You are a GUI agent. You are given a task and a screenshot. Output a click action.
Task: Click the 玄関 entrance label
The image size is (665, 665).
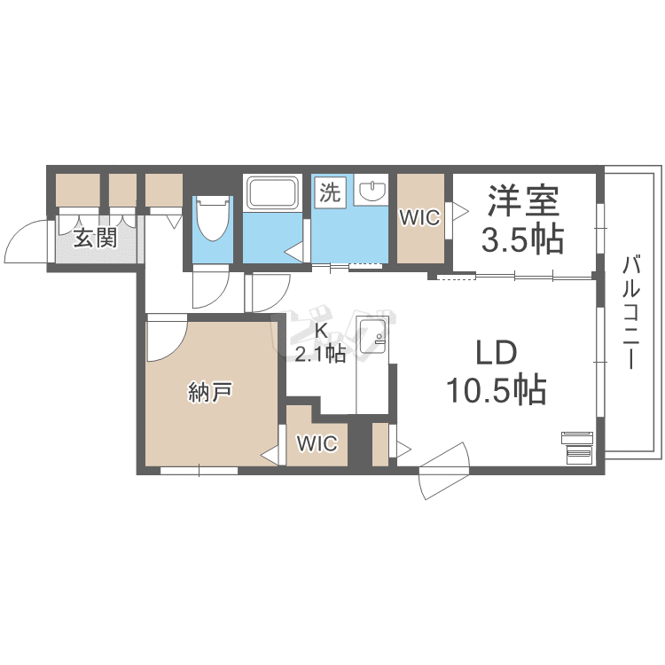point(95,238)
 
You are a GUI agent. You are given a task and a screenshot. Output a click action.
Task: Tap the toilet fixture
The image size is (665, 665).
point(213,217)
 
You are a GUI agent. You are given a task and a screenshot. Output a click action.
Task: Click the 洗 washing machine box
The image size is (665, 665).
point(330,192)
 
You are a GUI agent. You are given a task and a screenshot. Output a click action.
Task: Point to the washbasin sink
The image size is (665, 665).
point(372,190)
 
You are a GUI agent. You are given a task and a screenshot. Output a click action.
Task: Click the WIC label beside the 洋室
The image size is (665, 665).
point(420,218)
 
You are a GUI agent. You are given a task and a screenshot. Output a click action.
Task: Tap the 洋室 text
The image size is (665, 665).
point(524,200)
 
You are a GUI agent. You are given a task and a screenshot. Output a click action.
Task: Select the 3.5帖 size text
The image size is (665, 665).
point(522,239)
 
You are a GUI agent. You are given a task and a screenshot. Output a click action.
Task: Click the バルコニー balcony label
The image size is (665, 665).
point(632,312)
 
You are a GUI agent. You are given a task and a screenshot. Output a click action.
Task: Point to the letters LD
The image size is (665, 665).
point(497,353)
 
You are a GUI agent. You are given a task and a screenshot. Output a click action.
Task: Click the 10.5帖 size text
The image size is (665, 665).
point(497,389)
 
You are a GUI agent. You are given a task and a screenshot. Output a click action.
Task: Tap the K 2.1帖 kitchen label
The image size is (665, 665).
point(320,343)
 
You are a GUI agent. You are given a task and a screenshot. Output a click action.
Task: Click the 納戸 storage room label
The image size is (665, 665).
point(210,391)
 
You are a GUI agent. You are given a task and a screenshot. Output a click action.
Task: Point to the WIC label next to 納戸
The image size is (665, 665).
point(317,443)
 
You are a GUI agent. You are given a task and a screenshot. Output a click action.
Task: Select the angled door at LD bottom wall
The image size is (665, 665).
point(444,471)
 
